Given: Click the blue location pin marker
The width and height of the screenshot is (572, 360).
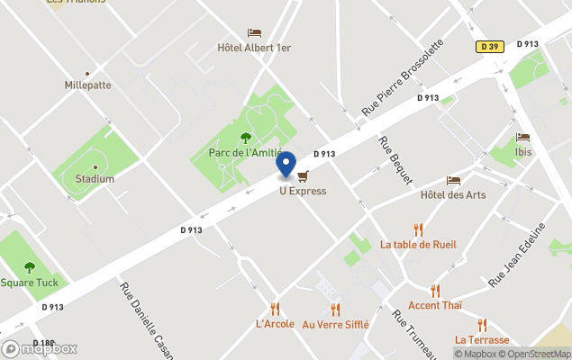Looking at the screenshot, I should [x=286, y=165].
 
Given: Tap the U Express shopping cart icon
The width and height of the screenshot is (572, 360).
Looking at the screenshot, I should [x=303, y=176].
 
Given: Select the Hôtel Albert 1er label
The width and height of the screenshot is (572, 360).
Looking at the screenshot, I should [x=254, y=48].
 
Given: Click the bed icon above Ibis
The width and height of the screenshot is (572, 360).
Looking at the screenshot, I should [x=522, y=138].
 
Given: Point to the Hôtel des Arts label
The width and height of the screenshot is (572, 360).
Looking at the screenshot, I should [x=453, y=194].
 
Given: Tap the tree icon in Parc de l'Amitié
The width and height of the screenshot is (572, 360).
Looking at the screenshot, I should [x=246, y=138].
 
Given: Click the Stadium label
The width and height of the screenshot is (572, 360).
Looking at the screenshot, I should [x=95, y=178].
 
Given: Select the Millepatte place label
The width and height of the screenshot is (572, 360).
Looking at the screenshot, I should [x=88, y=85].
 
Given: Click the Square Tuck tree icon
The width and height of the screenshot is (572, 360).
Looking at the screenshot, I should [x=30, y=267].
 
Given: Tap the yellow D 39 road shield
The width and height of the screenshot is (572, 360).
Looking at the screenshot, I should [x=489, y=46].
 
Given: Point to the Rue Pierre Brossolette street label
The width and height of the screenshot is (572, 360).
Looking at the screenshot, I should [x=403, y=76].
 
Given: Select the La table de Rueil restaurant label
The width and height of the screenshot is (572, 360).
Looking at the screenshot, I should [x=418, y=244].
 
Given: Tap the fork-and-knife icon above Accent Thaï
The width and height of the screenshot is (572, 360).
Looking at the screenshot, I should [x=435, y=291].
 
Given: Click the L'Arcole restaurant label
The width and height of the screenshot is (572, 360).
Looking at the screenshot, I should [x=275, y=324].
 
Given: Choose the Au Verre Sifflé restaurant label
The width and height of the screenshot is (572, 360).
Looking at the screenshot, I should [x=335, y=324].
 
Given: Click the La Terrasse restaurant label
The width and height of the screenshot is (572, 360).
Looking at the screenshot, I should [x=482, y=339].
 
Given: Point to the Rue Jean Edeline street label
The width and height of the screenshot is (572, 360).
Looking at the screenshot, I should [x=518, y=256].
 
